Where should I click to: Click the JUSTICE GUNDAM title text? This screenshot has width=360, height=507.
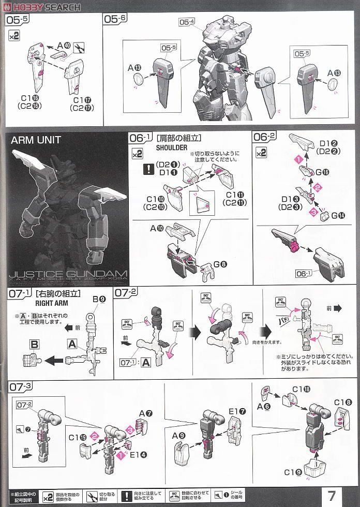pos(68,273)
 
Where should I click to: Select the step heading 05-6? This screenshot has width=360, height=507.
pos(115,19)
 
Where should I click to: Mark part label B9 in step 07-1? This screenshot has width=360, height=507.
pos(99,299)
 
